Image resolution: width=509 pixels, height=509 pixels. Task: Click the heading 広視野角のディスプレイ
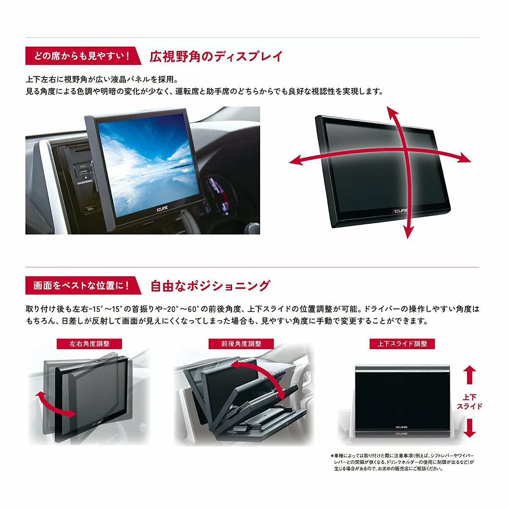216,56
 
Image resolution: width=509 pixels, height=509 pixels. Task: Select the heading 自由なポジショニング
210,286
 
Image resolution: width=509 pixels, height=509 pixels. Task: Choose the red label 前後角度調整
241,344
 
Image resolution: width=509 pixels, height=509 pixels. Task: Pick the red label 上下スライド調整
403,344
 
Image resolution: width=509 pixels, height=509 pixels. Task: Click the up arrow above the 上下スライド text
468,375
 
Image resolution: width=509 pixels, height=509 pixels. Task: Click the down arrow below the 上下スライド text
468,428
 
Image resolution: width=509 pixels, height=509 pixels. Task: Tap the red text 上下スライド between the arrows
469,402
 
